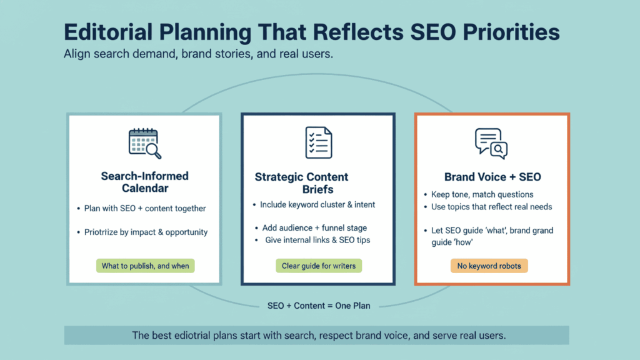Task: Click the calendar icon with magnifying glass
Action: click(x=144, y=143)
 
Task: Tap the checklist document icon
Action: click(x=318, y=142)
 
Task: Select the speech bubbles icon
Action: click(x=491, y=143)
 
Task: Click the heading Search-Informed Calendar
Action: click(x=144, y=182)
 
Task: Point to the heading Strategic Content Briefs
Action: click(x=302, y=183)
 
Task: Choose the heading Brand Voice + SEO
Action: click(x=492, y=177)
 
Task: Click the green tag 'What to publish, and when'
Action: click(x=145, y=266)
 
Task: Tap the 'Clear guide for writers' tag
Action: click(x=319, y=266)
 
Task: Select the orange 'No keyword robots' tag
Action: click(x=489, y=266)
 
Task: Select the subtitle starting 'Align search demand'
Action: click(x=198, y=54)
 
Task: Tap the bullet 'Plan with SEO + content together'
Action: click(x=145, y=208)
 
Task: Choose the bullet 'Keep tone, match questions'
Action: click(x=482, y=194)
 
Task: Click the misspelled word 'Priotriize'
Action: click(x=104, y=232)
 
